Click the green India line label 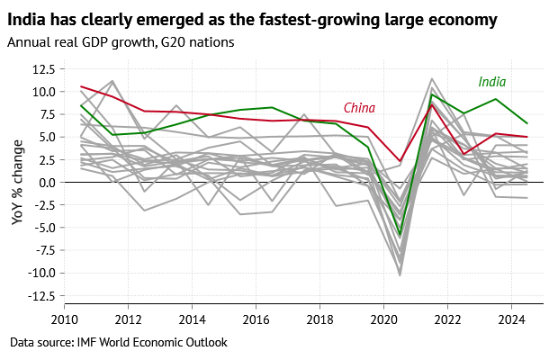pos(491,83)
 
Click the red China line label pos(359,108)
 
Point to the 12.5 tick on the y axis pos(43,68)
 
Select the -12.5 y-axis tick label pos(40,295)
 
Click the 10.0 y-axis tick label pos(43,91)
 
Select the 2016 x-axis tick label pos(256,319)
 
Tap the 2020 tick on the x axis pos(384,319)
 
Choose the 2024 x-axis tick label pos(512,319)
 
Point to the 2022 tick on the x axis pos(448,319)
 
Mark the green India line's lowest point pos(400,235)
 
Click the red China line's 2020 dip pos(400,161)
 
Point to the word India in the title pos(26,18)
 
